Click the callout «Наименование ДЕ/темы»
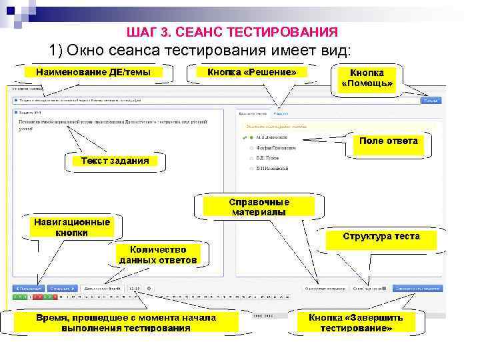pos(93,72)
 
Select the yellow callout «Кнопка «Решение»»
pos(252,72)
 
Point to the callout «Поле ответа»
pos(388,141)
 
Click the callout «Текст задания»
pos(115,161)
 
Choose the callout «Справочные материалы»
pos(259,207)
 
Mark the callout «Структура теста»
pos(381,236)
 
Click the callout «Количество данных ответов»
pos(158,254)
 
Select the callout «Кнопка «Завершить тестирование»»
pos(360,323)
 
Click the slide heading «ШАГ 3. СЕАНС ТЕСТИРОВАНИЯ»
pos(231,32)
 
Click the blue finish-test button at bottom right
pos(417,289)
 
